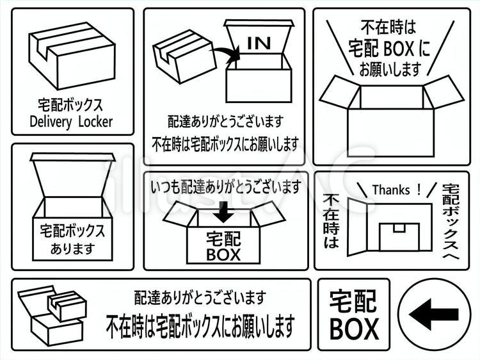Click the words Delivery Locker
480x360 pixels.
point(71,121)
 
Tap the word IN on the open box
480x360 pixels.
point(259,44)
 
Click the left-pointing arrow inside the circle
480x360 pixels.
point(433,315)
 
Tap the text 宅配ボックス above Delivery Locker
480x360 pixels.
point(71,104)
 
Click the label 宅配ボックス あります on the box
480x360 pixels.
point(72,238)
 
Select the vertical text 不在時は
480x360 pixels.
point(332,220)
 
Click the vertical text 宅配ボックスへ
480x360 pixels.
point(452,221)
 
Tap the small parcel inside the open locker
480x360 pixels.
point(399,236)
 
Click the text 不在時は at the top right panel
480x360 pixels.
point(388,28)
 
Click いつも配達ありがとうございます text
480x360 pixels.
point(225,187)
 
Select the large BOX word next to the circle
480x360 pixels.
point(354,329)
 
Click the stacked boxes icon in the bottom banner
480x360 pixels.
point(51,315)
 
